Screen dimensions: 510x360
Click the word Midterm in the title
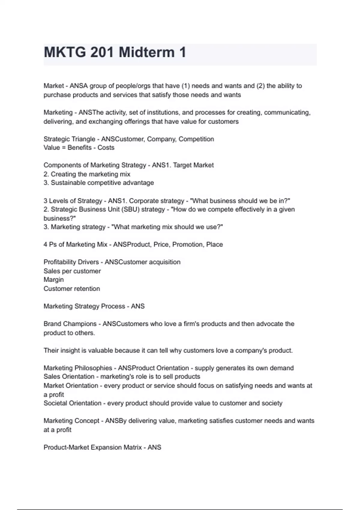click(x=147, y=52)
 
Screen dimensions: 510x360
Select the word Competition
click(x=196, y=139)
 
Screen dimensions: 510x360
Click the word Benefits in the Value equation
click(x=79, y=148)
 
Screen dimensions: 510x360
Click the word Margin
click(x=54, y=280)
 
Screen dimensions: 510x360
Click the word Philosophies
click(x=93, y=368)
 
